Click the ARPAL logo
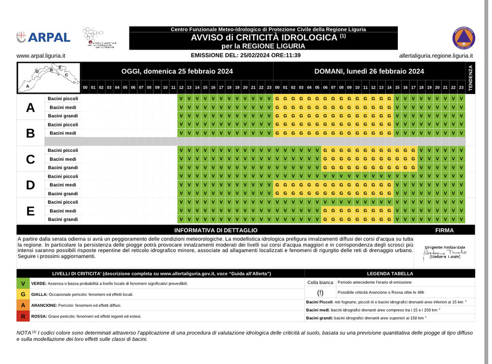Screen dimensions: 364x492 43,37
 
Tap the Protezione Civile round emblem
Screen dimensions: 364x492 463,38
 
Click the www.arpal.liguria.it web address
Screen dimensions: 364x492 41,56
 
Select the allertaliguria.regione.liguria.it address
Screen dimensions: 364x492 436,56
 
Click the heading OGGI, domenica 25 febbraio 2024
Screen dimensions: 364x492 177,71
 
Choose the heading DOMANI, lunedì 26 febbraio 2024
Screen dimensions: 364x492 369,71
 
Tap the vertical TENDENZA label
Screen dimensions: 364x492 470,77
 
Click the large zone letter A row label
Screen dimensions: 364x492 30,108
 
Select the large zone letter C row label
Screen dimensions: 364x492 30,159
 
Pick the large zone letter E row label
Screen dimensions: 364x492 30,211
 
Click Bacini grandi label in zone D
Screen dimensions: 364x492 63,193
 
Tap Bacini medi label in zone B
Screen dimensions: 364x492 63,133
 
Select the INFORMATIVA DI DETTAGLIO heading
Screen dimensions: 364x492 216,230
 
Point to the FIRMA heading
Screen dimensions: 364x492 444,230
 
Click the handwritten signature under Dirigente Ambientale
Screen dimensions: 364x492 445,252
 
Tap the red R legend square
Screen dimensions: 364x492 23,316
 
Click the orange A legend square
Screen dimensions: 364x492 23,305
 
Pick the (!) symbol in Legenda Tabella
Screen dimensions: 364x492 320,292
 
